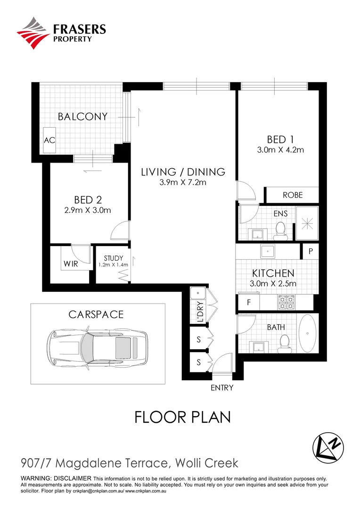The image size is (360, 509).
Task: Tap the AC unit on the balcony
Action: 49,140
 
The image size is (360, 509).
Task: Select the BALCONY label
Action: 83,117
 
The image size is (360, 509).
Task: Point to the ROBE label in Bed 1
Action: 292,195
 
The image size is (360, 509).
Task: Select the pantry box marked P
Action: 311,251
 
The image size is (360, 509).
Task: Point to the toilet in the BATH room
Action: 284,344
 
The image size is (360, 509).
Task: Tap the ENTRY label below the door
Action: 221,388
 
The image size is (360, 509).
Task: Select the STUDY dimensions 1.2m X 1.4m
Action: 113,265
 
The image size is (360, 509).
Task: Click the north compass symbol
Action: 328,445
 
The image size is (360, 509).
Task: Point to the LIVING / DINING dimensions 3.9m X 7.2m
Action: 183,183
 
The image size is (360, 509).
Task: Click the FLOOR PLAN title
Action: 182,417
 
